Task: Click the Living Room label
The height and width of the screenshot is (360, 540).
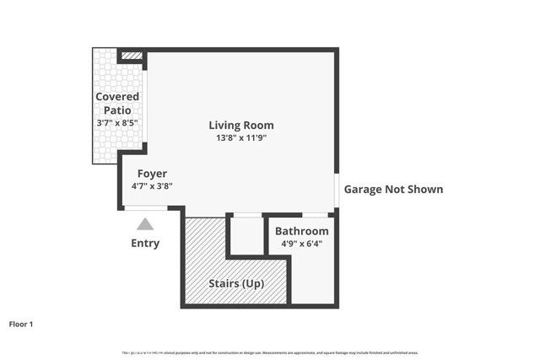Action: coord(241,126)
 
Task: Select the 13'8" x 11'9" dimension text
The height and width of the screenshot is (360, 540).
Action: coord(241,138)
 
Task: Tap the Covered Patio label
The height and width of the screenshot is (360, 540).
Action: coord(117,103)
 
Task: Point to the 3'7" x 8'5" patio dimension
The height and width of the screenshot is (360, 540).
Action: coord(117,122)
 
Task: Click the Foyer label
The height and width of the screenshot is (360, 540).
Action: coord(152,174)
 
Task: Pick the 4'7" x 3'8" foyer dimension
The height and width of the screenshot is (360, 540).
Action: coord(152,186)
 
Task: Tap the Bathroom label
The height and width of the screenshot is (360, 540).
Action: coord(301,231)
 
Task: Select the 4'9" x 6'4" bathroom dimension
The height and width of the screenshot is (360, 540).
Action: coord(301,244)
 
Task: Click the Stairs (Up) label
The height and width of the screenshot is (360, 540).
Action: coord(236,283)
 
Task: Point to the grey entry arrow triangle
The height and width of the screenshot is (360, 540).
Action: coord(145,224)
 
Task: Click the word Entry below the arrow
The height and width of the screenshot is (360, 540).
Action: coord(145,244)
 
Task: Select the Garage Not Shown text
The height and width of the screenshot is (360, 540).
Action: coord(392,190)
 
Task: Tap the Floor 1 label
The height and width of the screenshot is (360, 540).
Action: coord(21,324)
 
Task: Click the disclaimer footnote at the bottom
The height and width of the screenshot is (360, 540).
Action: coord(270,352)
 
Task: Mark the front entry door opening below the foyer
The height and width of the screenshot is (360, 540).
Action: coord(145,207)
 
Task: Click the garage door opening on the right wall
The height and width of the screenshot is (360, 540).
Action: coord(337,190)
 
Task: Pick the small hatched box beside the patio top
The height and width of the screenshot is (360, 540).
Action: coord(132,56)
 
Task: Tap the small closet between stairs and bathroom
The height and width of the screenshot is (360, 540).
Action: coord(247,236)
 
